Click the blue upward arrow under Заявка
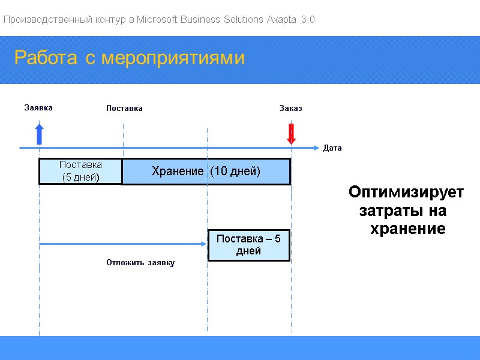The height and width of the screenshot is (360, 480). [x=39, y=133]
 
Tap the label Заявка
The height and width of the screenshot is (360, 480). [x=38, y=108]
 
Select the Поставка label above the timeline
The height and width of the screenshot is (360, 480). [x=124, y=109]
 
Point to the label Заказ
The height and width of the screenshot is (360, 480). [x=290, y=109]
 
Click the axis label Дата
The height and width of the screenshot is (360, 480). [x=332, y=148]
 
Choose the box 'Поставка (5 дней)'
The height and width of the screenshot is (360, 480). [x=80, y=172]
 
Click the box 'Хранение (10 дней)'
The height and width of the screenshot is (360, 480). [x=206, y=172]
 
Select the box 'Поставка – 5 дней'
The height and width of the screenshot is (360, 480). [x=248, y=245]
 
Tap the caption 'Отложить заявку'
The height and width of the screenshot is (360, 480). [x=140, y=263]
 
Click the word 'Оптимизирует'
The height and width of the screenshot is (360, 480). [x=406, y=193]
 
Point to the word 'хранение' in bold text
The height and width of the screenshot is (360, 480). [x=407, y=229]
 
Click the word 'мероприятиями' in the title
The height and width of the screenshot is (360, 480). [x=173, y=58]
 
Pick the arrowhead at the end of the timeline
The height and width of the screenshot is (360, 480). [x=316, y=148]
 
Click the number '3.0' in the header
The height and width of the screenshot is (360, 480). [x=308, y=20]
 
